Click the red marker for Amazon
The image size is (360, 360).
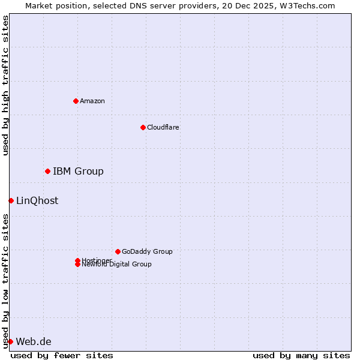click(76, 101)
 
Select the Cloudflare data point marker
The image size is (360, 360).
click(143, 127)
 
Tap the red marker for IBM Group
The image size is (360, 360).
click(47, 172)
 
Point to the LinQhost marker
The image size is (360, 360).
click(11, 200)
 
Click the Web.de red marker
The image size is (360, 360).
click(10, 341)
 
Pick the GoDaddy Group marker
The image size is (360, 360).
click(118, 251)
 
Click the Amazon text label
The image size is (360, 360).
click(92, 101)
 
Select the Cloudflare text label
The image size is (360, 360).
click(163, 127)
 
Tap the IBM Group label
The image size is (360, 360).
click(78, 172)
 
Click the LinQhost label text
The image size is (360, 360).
click(37, 201)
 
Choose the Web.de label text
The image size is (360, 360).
click(34, 342)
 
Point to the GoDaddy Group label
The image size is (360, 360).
click(147, 251)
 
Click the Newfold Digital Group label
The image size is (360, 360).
click(117, 265)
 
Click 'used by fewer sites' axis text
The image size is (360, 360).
click(62, 355)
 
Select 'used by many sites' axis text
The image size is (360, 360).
click(301, 355)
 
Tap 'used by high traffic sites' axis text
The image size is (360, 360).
click(5, 85)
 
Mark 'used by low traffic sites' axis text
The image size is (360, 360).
click(5, 280)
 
